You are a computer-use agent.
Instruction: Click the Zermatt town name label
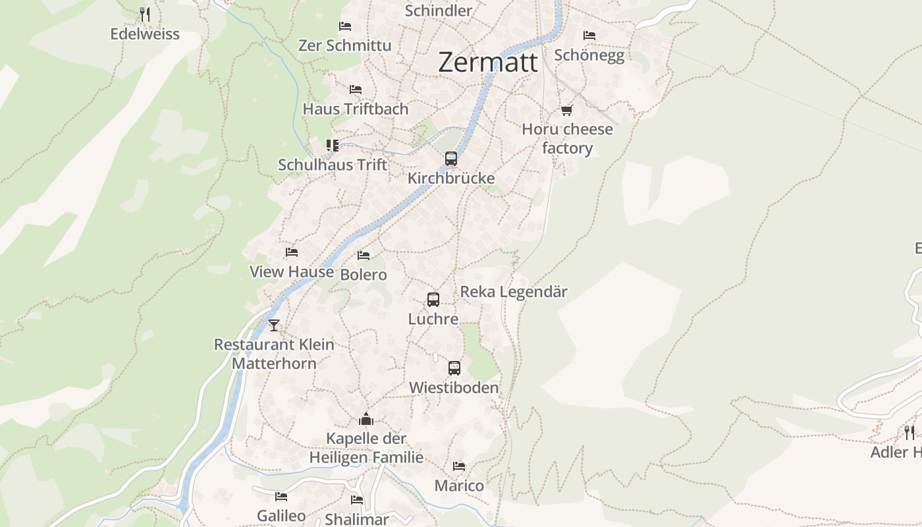(487, 63)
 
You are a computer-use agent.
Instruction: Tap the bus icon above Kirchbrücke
(451, 159)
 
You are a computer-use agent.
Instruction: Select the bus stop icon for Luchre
(433, 300)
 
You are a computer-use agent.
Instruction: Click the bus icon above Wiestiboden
(454, 368)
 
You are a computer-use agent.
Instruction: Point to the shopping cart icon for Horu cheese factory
(567, 110)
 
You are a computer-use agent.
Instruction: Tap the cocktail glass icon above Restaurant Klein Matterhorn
(274, 325)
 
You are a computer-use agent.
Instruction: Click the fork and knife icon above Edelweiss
(145, 14)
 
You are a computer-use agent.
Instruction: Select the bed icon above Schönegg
(589, 35)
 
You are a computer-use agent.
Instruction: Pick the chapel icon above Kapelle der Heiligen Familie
(366, 419)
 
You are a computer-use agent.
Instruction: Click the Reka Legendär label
(514, 292)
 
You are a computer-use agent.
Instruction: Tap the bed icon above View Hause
(292, 252)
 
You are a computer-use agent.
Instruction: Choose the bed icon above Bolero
(364, 255)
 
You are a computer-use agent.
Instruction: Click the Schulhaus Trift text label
(333, 165)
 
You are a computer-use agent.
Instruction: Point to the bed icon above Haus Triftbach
(356, 89)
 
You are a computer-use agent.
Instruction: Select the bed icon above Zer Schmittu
(345, 26)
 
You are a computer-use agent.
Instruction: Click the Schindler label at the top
(439, 11)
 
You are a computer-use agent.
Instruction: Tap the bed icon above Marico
(459, 466)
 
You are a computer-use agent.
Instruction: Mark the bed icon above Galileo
(281, 496)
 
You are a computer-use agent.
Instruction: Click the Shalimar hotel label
(357, 519)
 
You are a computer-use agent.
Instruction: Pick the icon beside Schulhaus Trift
(333, 145)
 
